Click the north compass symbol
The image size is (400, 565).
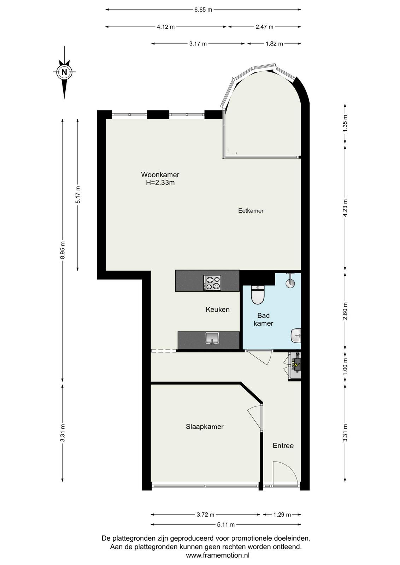pyautogui.click(x=64, y=72)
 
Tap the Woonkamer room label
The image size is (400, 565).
pyautogui.click(x=160, y=174)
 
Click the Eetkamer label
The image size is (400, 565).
pyautogui.click(x=251, y=210)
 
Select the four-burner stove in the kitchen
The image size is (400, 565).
pyautogui.click(x=212, y=282)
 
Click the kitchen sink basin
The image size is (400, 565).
pyautogui.click(x=212, y=338)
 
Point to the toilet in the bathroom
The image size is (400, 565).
pyautogui.click(x=257, y=295)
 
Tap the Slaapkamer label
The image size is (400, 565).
pyautogui.click(x=205, y=427)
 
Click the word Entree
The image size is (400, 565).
pyautogui.click(x=283, y=445)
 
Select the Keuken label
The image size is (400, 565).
pyautogui.click(x=218, y=309)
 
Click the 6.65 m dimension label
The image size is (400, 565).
pyautogui.click(x=203, y=10)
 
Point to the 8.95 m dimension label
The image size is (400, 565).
pyautogui.click(x=63, y=250)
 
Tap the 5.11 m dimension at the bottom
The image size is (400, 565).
pyautogui.click(x=226, y=525)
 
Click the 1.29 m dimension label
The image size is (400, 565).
pyautogui.click(x=282, y=515)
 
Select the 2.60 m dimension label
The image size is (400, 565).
pyautogui.click(x=345, y=311)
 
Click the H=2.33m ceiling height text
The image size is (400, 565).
pyautogui.click(x=160, y=183)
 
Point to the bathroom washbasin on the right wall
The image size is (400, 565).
pyautogui.click(x=296, y=335)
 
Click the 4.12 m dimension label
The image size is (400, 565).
pyautogui.click(x=166, y=27)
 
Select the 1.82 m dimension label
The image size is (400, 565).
pyautogui.click(x=274, y=44)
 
